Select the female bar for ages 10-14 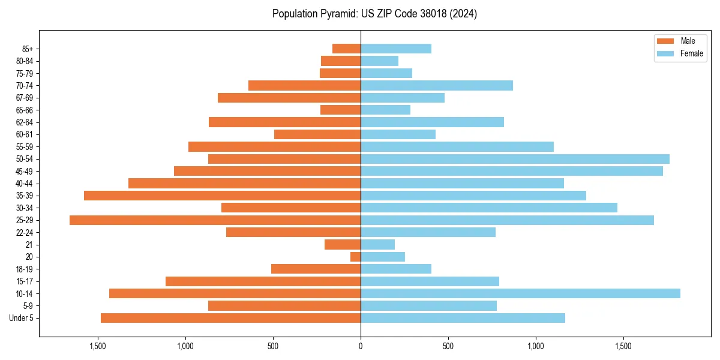coord(520,293)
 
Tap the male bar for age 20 coord(356,257)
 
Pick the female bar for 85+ coord(396,49)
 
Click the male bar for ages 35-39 coord(222,196)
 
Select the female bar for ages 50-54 coord(515,159)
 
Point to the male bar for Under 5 coord(230,318)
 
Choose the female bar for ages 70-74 coord(437,86)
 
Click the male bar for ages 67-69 coord(289,98)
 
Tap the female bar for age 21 coord(377,245)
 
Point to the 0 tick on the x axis coord(361,346)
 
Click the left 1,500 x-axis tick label coord(98,346)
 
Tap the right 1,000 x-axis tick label coord(536,346)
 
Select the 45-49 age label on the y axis coord(25,171)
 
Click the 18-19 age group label coord(25,269)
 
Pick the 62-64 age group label coord(25,122)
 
